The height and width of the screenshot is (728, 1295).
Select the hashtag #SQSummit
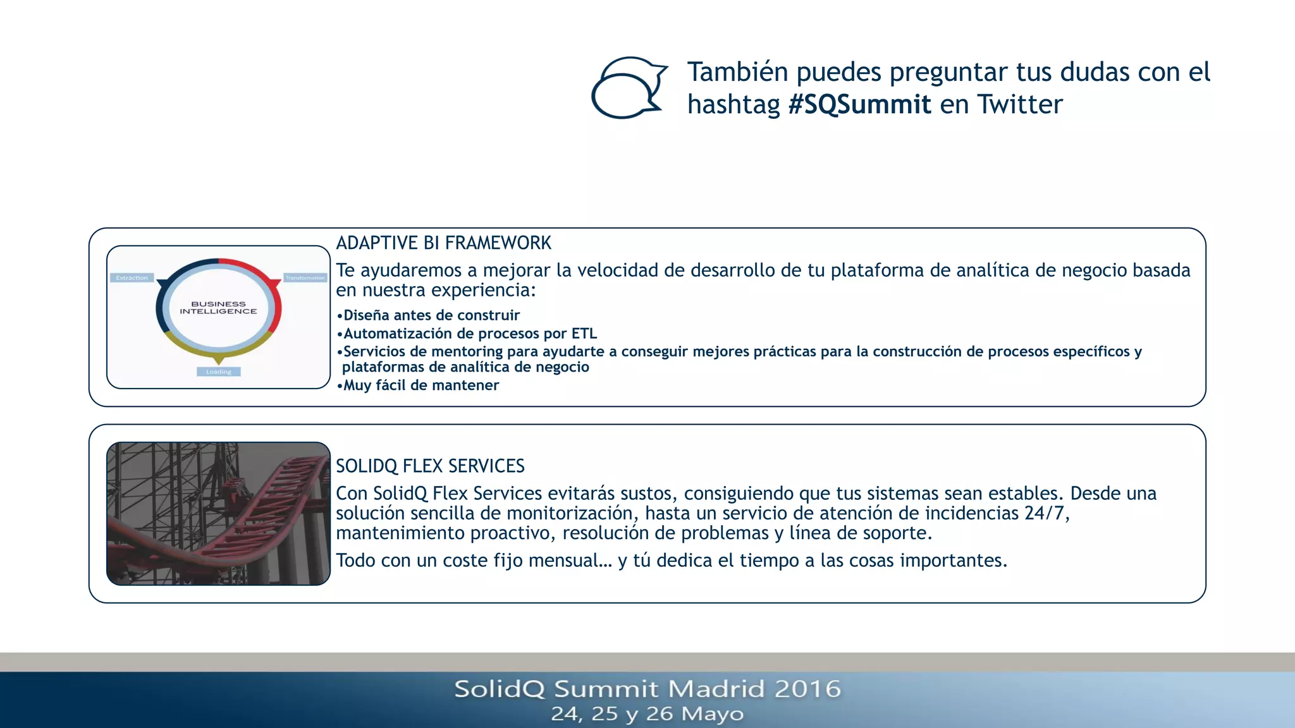(859, 104)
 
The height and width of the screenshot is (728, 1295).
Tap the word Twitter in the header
(1019, 104)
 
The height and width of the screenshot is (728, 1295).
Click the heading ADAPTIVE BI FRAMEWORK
(443, 243)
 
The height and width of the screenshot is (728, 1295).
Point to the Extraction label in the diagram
(132, 278)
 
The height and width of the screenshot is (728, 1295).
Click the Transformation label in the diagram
(305, 278)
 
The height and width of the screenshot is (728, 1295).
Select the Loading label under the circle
(219, 372)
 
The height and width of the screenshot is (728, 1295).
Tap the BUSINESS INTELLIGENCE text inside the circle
(218, 308)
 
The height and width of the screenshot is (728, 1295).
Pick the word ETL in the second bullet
(584, 334)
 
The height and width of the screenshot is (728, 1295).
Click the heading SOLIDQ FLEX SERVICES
(430, 466)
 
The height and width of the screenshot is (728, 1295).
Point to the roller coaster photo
(218, 513)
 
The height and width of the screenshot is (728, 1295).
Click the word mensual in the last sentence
(574, 561)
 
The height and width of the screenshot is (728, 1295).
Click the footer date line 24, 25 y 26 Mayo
(647, 713)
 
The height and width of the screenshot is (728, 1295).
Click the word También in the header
(738, 72)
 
